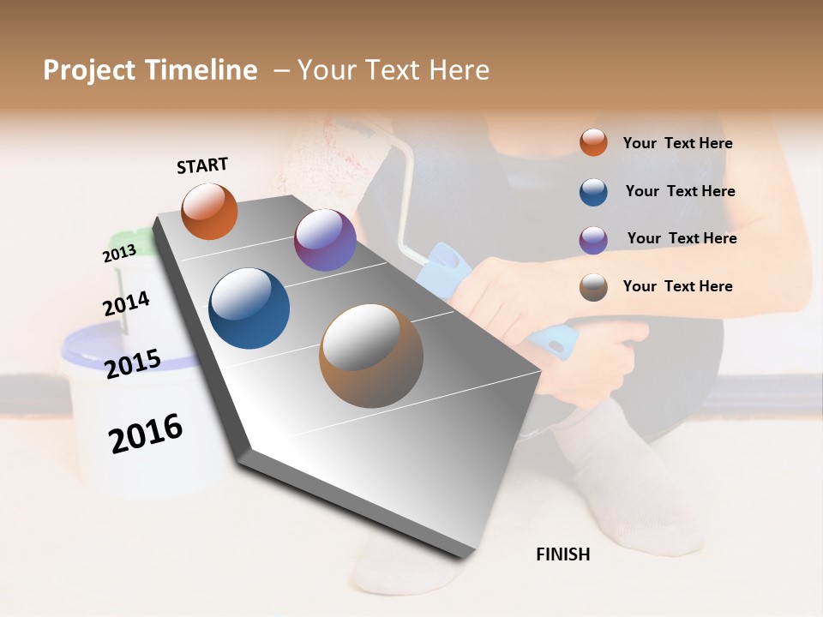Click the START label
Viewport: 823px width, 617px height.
click(202, 165)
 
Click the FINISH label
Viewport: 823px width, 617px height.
click(562, 554)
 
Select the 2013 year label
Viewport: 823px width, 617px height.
click(119, 254)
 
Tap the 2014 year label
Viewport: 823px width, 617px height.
click(126, 303)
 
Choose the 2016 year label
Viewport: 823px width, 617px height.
click(146, 433)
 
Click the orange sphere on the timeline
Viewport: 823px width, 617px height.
click(209, 212)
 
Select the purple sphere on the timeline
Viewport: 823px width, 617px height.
click(325, 240)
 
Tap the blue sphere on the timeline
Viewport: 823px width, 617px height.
click(249, 308)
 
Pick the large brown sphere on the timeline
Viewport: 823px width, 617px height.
click(370, 356)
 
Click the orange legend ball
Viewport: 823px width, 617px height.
click(593, 143)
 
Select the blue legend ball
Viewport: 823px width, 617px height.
click(593, 192)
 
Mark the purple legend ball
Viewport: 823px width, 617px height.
click(593, 239)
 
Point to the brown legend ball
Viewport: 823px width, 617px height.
click(593, 287)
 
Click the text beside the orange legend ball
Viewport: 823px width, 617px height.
click(677, 144)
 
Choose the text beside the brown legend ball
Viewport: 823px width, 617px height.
click(677, 286)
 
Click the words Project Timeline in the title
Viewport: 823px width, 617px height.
click(150, 70)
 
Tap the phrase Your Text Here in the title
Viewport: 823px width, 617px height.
click(393, 70)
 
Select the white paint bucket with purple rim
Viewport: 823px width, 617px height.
click(129, 403)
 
